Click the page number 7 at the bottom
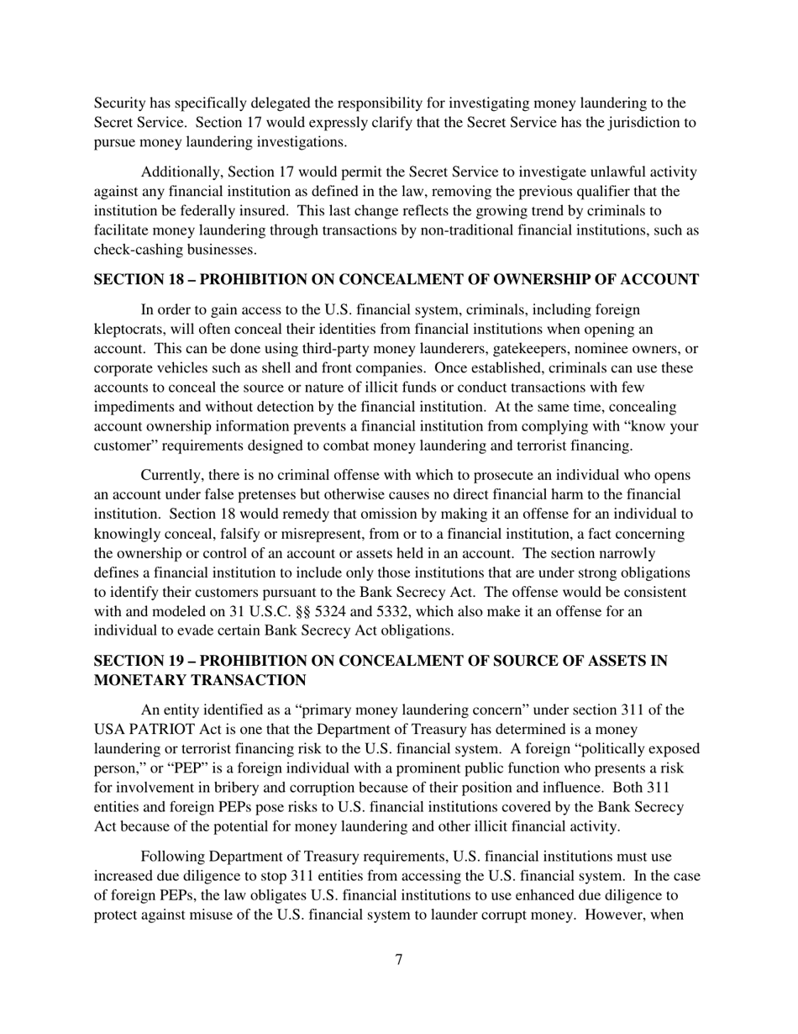[x=398, y=960]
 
